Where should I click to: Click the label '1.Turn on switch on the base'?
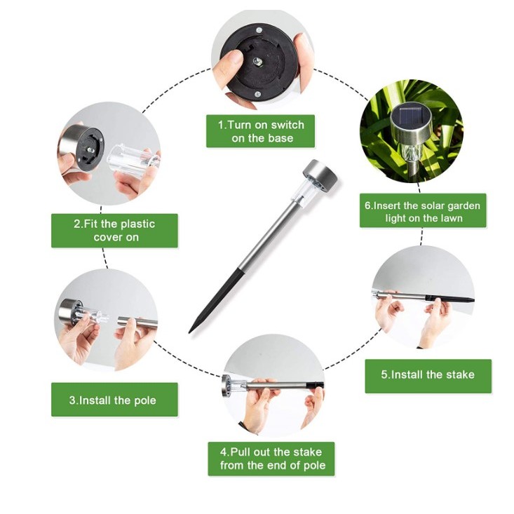(x=260, y=131)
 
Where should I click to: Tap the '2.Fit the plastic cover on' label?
(x=114, y=231)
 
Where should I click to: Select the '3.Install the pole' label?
(x=114, y=400)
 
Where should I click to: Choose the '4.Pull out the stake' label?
(x=271, y=459)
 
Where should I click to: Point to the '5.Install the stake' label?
(x=428, y=376)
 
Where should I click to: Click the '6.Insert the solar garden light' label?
(x=423, y=210)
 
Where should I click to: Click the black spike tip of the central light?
(x=190, y=332)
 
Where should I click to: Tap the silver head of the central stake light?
(x=320, y=175)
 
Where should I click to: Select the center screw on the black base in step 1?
(x=257, y=60)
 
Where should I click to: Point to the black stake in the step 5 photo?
(x=449, y=299)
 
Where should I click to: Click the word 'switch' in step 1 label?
(x=288, y=125)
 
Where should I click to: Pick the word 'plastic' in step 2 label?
(x=137, y=224)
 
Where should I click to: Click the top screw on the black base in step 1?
(x=259, y=30)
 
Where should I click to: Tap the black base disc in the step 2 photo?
(x=90, y=149)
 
